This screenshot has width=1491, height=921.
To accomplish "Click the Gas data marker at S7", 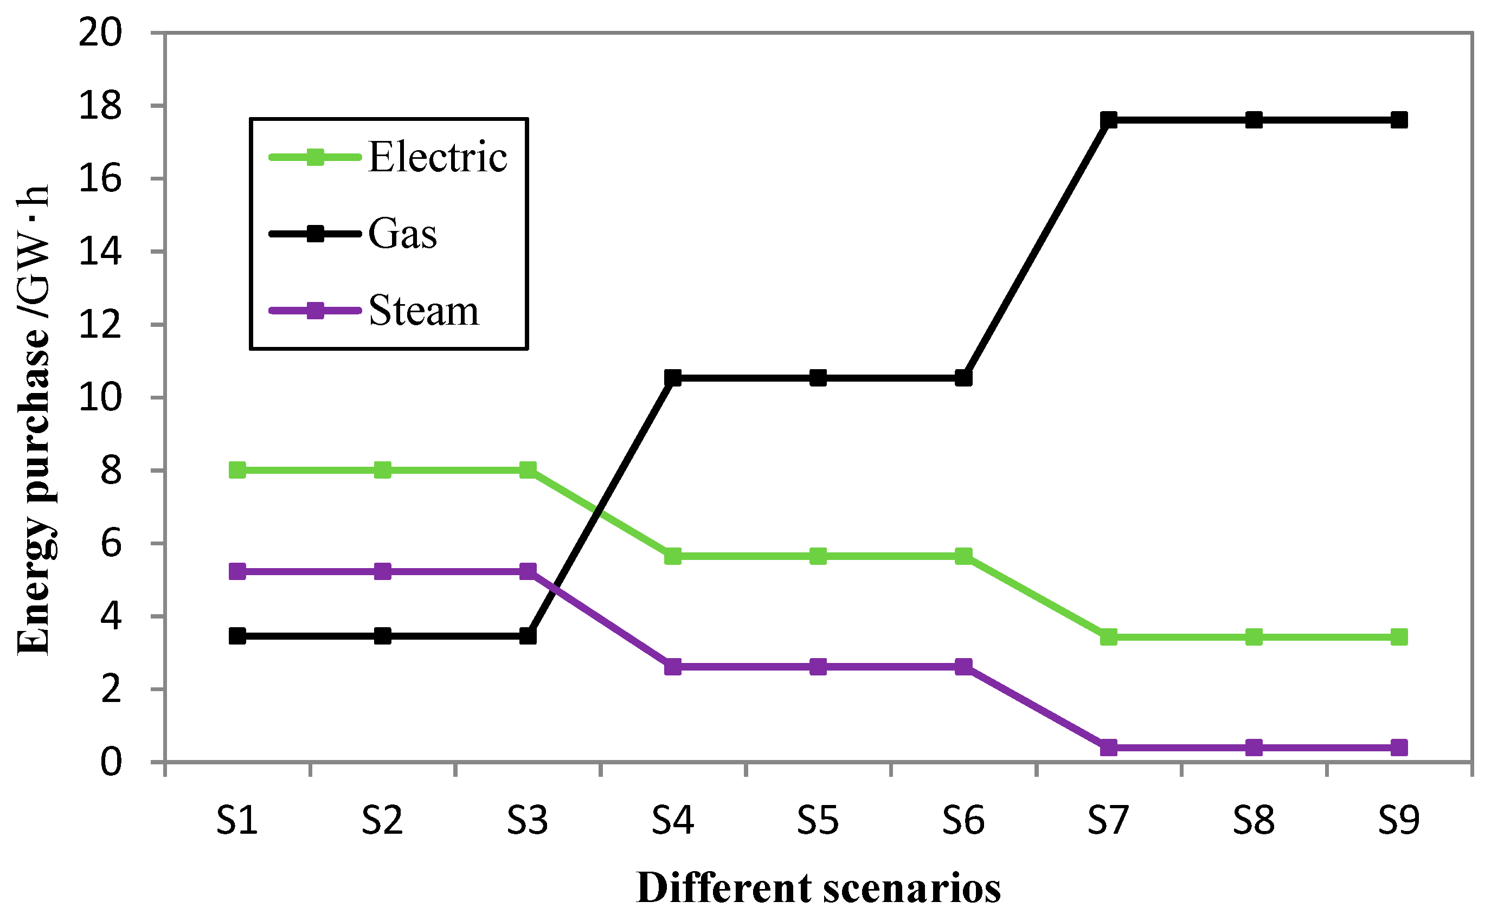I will [x=1109, y=119].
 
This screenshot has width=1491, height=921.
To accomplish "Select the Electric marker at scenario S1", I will [x=237, y=469].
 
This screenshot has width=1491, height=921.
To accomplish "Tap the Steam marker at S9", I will [x=1399, y=748].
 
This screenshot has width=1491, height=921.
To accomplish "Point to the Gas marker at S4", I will [x=672, y=378].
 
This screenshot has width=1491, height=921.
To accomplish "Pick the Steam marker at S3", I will [x=528, y=571].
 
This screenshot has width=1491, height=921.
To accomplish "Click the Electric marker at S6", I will [x=963, y=556].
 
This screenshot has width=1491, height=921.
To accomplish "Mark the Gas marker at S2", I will [x=382, y=636].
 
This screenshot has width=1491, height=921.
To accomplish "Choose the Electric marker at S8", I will [x=1254, y=637].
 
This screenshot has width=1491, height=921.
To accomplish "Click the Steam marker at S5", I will [x=818, y=666].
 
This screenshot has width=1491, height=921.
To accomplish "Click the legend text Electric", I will [x=438, y=157].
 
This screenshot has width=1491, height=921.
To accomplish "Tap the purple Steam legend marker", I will [x=315, y=311].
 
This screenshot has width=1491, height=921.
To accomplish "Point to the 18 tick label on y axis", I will [x=100, y=106].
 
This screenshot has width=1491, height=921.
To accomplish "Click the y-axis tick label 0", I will [x=111, y=762].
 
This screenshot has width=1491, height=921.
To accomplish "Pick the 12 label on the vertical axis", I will [x=100, y=325].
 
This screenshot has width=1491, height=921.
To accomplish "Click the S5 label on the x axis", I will [x=818, y=821].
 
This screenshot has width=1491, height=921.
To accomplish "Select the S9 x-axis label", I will [x=1399, y=821].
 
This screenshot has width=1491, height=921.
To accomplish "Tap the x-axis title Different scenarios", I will [x=818, y=888].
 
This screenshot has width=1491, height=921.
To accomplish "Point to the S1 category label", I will [x=237, y=821].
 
